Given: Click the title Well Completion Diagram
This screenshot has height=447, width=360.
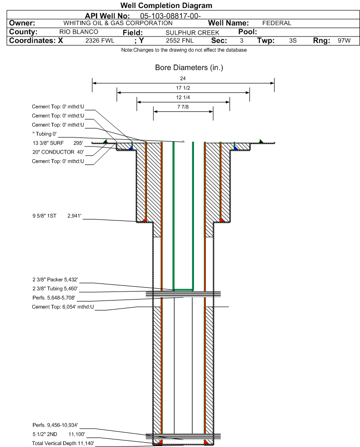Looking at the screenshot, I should (x=166, y=5).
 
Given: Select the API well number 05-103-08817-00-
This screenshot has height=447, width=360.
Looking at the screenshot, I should (x=174, y=16).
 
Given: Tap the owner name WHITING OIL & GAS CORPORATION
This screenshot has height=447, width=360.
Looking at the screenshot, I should (x=118, y=23).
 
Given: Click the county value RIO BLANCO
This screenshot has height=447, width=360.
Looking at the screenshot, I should (x=79, y=32).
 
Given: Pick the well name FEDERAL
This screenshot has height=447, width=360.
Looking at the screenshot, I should (x=277, y=23).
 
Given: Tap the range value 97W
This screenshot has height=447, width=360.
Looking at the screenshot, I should (x=344, y=41).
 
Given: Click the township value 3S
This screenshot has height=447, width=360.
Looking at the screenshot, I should (x=293, y=41).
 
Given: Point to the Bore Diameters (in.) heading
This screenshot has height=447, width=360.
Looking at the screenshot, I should (x=189, y=68).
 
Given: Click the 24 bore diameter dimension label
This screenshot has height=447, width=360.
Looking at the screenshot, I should (x=183, y=79).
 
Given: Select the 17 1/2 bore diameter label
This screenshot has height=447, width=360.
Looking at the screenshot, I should (x=183, y=88).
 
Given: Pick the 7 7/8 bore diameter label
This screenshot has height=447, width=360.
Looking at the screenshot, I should (x=183, y=107).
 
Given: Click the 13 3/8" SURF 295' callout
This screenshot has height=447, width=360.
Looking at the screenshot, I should (x=57, y=143).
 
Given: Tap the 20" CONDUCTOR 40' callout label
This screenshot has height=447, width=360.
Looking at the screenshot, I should (x=57, y=152).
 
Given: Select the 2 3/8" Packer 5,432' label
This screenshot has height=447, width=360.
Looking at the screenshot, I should (x=55, y=279).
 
